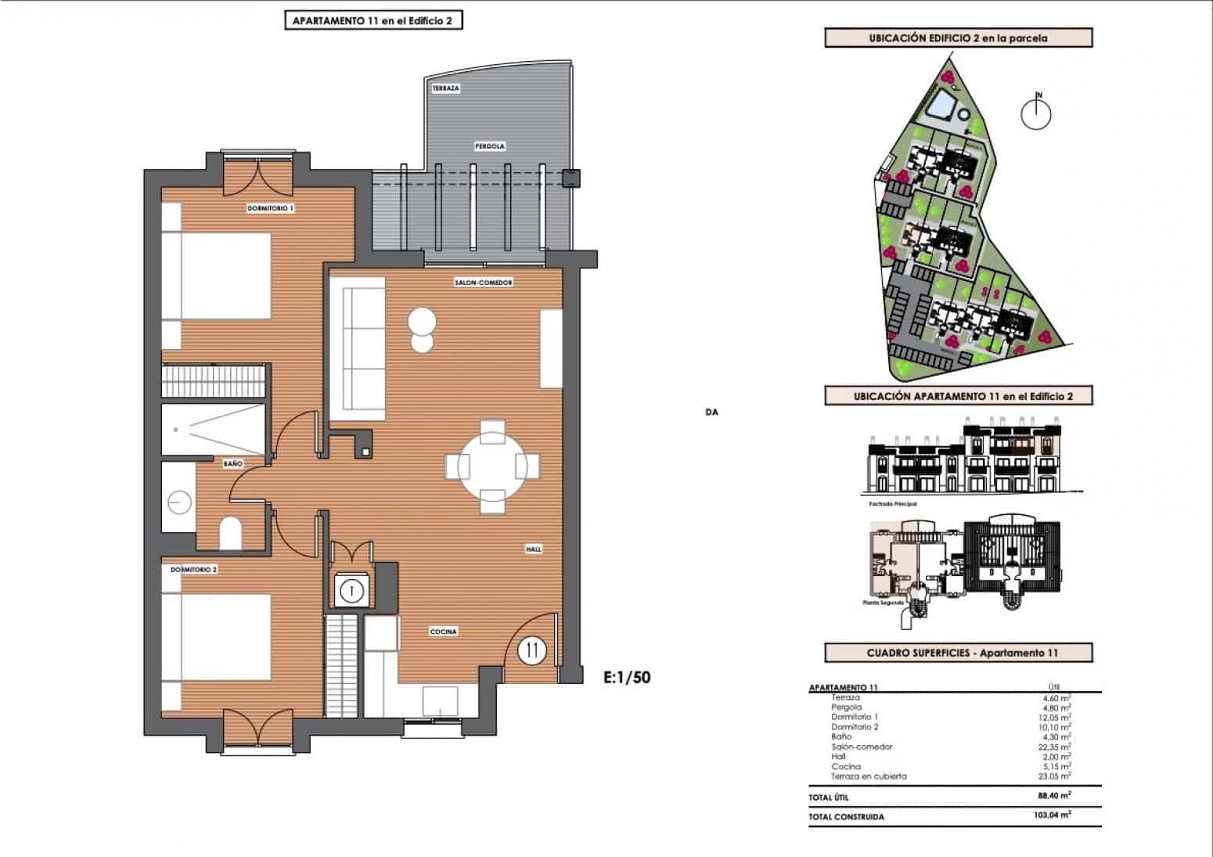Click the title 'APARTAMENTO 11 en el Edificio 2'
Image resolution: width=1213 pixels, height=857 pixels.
(373, 21)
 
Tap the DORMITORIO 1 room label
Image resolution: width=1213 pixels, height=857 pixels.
(270, 208)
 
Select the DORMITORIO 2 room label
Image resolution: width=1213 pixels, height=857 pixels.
(193, 570)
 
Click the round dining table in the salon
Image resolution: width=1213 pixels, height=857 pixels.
(492, 467)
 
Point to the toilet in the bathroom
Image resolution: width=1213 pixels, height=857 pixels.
(231, 534)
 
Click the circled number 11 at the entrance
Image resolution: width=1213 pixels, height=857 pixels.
(532, 650)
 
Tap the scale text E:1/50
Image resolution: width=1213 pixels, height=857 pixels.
(627, 677)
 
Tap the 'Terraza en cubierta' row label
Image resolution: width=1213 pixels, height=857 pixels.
(869, 776)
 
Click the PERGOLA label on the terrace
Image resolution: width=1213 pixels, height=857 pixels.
(489, 146)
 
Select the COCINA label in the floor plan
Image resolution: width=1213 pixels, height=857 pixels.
(443, 632)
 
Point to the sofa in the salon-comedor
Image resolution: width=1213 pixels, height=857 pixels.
(357, 348)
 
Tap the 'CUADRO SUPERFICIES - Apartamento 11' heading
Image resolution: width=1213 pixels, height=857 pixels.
(958, 653)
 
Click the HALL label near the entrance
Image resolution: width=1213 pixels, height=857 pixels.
(533, 549)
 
